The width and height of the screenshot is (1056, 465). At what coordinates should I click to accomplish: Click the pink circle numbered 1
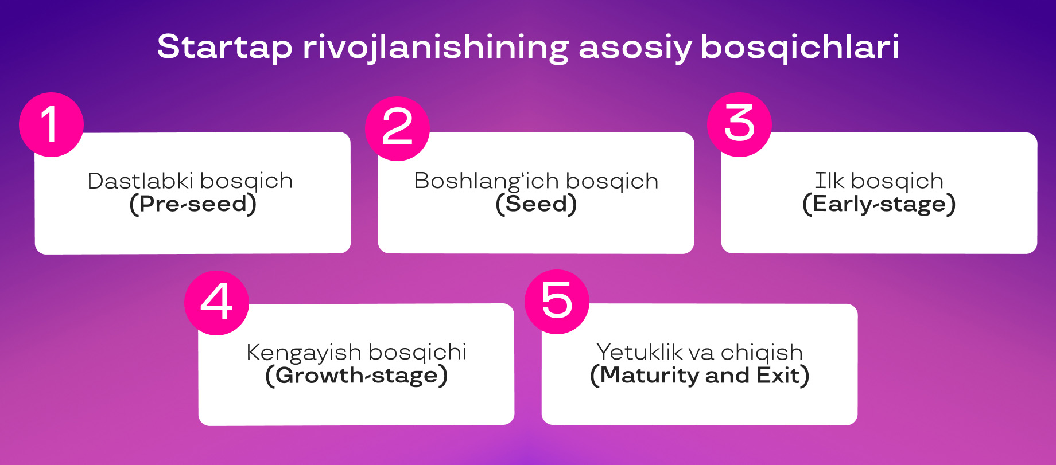[51, 124]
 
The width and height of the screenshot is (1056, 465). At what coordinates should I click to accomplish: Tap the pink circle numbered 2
[397, 128]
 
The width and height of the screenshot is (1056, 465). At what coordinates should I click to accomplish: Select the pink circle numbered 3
[739, 124]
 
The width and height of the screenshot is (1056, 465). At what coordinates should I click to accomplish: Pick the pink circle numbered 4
[216, 303]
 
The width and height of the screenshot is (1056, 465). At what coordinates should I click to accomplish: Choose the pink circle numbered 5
[557, 302]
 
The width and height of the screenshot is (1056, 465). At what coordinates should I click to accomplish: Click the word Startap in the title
[224, 47]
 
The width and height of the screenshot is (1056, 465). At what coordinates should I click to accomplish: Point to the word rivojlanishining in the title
[436, 47]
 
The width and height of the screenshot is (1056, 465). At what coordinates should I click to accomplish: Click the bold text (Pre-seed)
[193, 204]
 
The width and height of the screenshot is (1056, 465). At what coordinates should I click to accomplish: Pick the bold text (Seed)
[536, 204]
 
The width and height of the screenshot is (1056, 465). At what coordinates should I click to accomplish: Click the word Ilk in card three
[829, 181]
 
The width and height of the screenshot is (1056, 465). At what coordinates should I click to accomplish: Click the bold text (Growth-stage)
[356, 376]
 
